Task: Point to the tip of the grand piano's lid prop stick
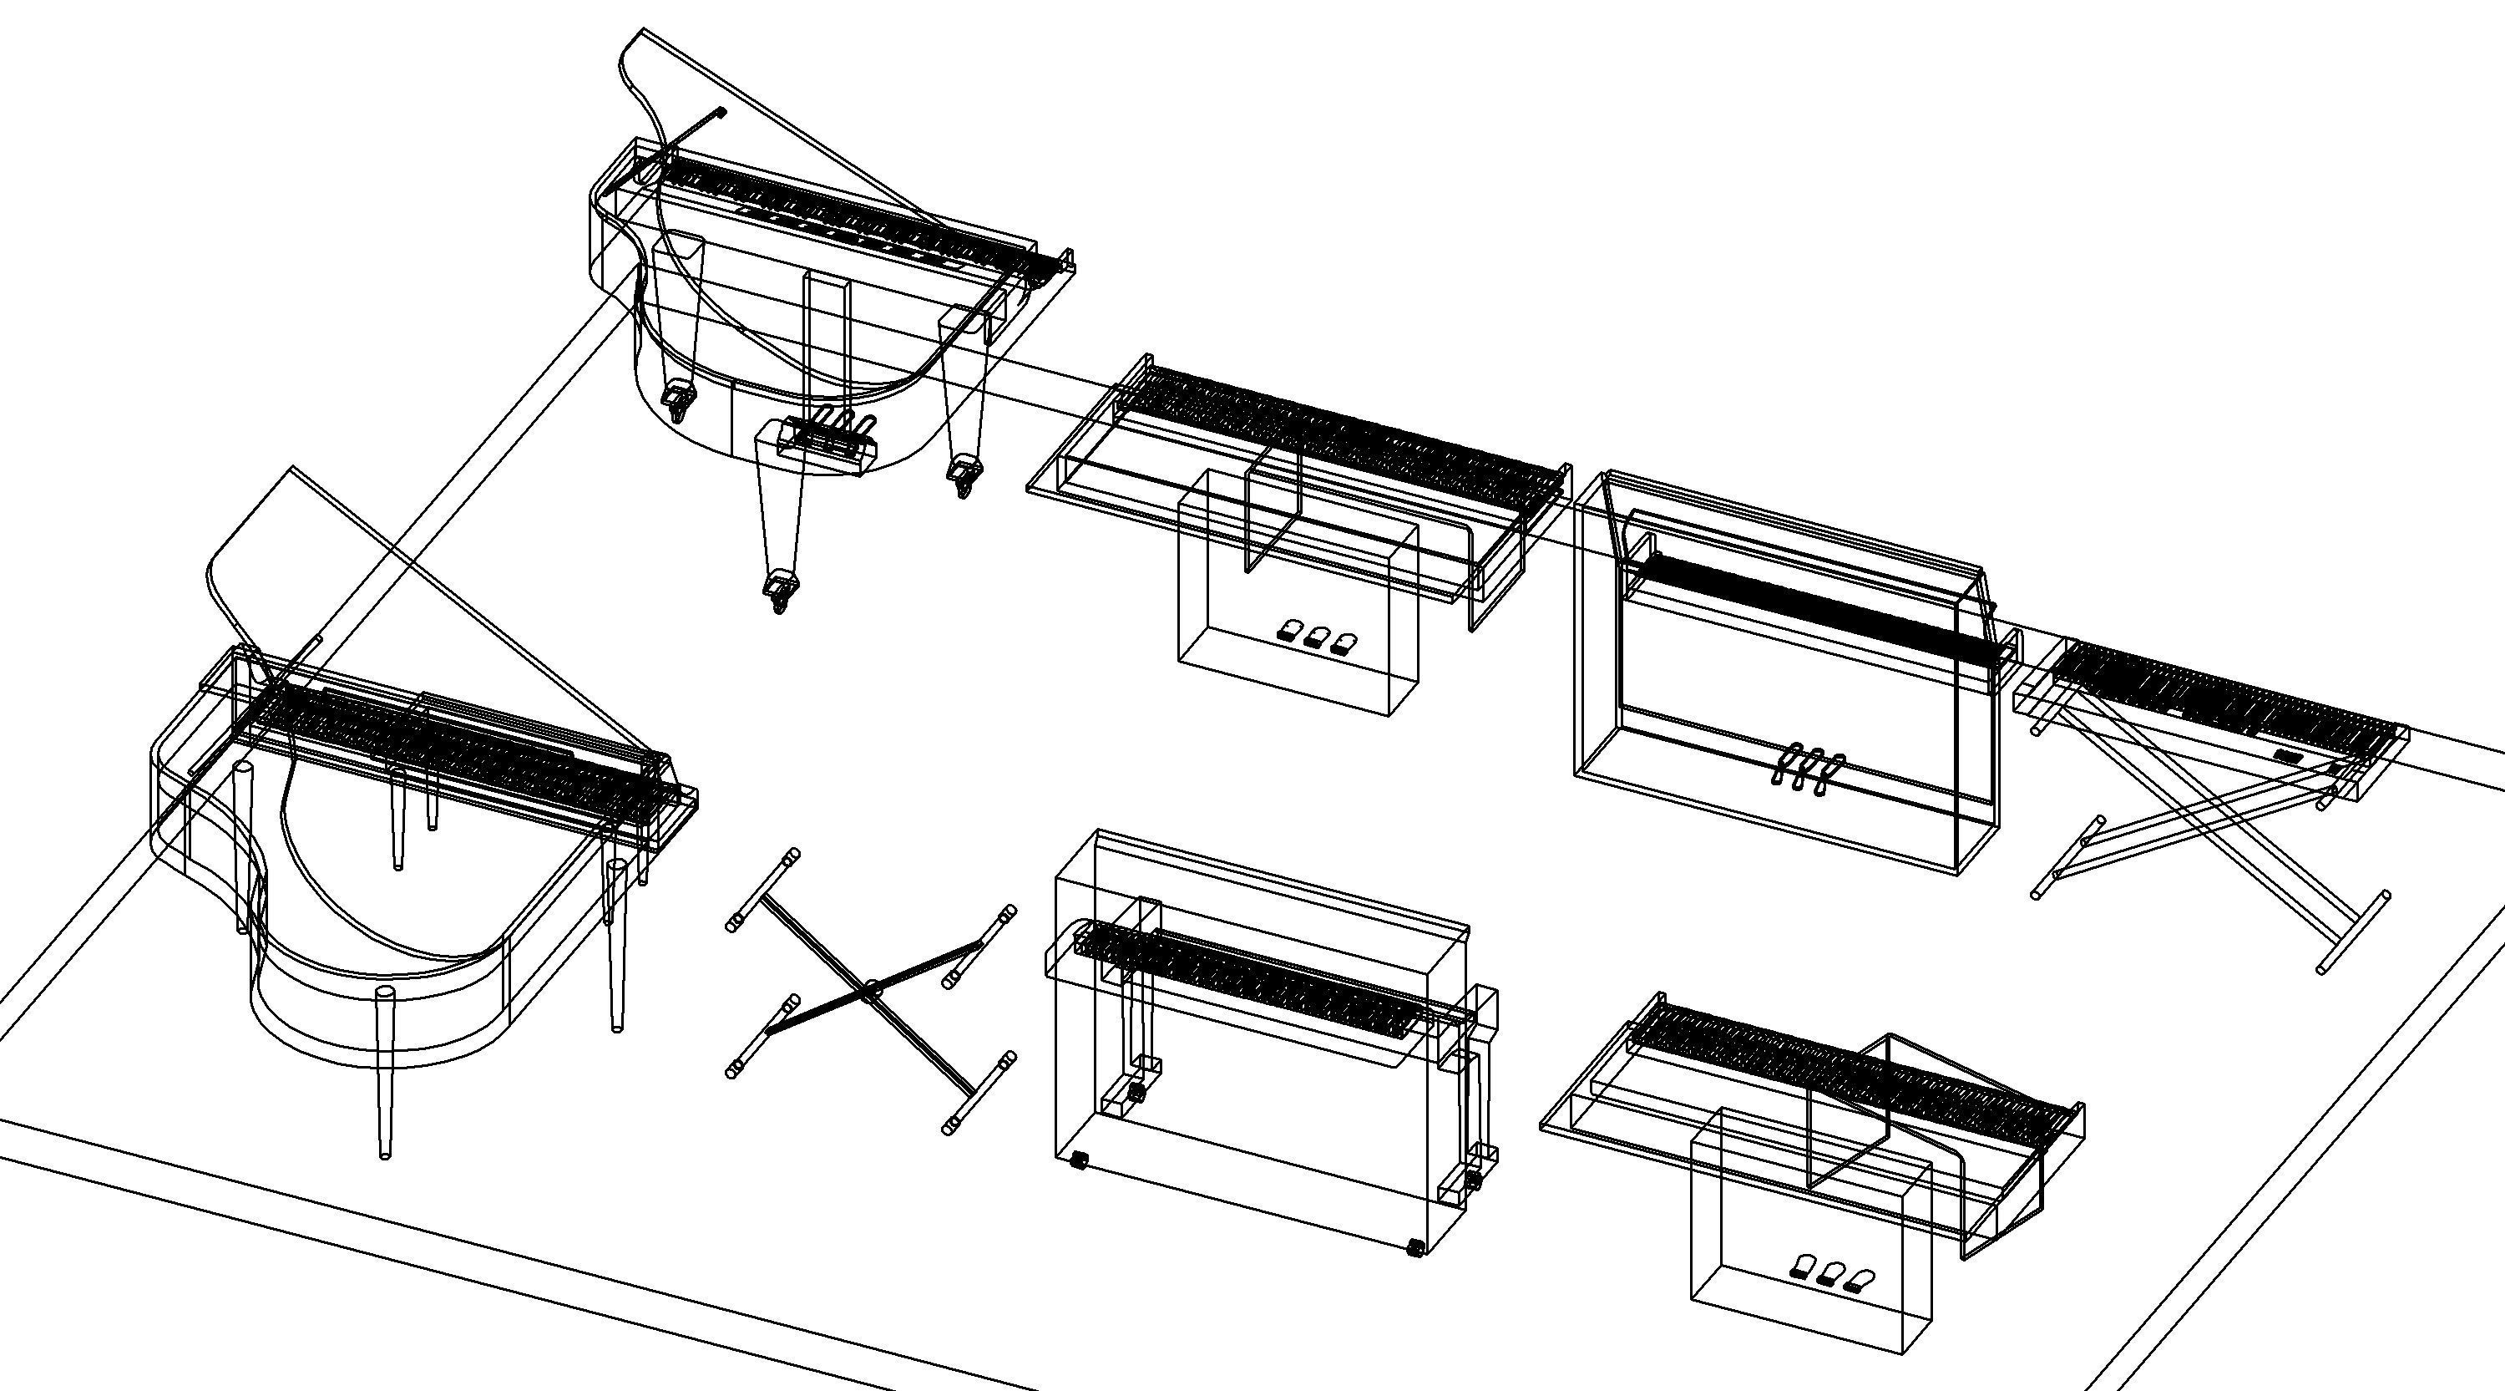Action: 721,113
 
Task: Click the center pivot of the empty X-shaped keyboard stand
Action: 869,990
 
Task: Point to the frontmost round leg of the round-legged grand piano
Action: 386,1070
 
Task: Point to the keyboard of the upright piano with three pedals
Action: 1809,608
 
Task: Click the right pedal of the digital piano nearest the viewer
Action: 1860,1279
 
